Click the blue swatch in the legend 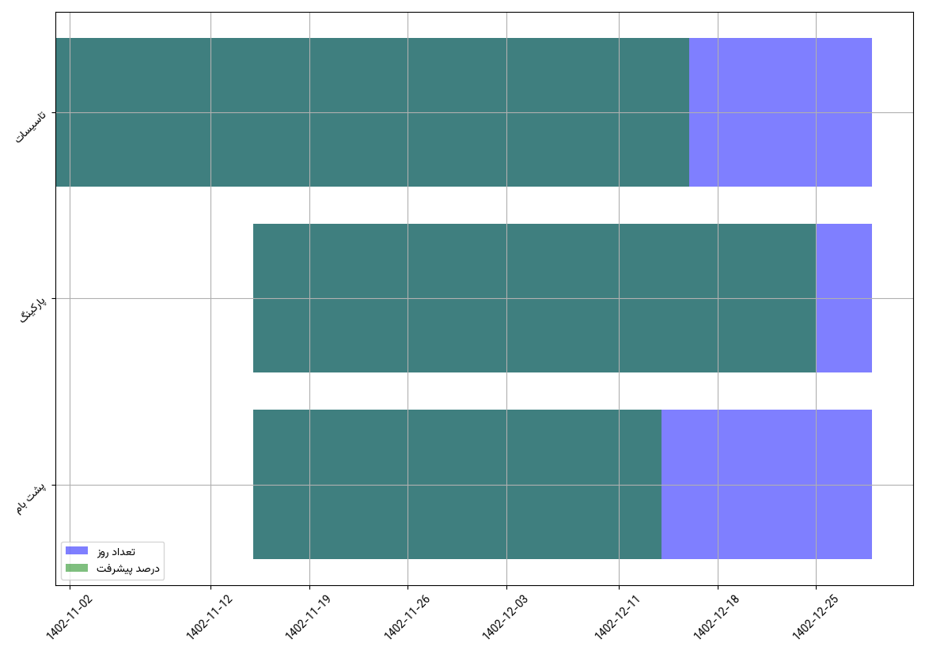(77, 550)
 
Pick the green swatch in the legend (77, 568)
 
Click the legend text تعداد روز (116, 550)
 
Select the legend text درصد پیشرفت (128, 568)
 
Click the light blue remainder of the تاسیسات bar (780, 112)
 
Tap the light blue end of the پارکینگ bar (843, 298)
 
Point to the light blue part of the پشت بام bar (766, 484)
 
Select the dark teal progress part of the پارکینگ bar (534, 298)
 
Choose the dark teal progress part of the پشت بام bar (457, 484)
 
